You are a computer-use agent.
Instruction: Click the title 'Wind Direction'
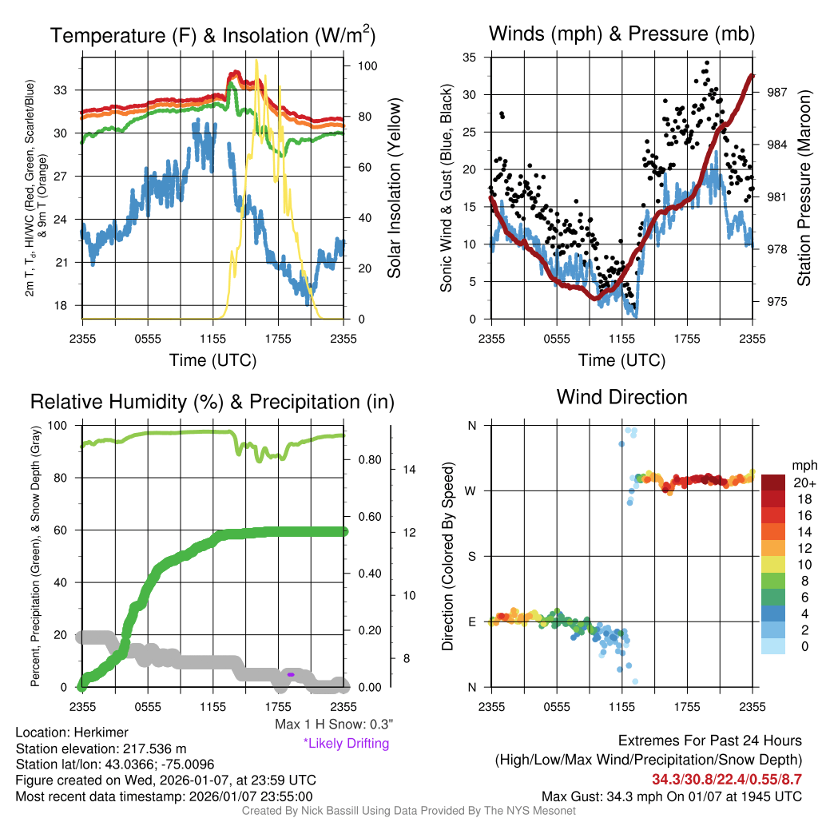(621, 397)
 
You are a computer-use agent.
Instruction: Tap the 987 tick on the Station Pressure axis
(777, 93)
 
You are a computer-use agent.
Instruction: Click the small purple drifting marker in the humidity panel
(291, 675)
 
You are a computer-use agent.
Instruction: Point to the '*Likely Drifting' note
(346, 744)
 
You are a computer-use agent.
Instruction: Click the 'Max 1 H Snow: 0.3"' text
(333, 725)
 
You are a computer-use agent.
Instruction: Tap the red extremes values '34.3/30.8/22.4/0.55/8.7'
(727, 780)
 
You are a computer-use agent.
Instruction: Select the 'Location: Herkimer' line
(72, 733)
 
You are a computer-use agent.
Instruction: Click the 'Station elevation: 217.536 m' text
(101, 749)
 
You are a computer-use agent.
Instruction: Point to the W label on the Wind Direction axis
(471, 490)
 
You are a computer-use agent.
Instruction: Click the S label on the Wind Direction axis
(471, 556)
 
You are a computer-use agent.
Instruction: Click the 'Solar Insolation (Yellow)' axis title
(395, 189)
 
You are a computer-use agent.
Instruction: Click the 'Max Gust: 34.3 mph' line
(671, 796)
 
